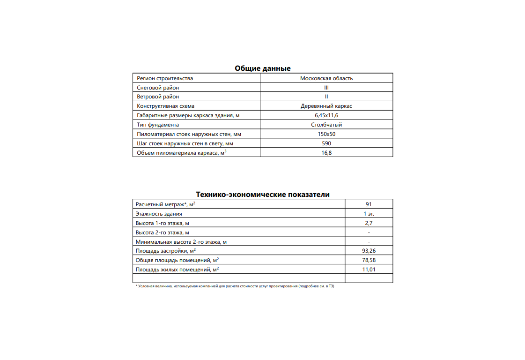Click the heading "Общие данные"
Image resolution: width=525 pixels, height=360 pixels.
(x=262, y=68)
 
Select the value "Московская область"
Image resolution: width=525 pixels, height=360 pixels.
(x=326, y=78)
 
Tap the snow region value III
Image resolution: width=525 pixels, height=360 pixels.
(x=326, y=88)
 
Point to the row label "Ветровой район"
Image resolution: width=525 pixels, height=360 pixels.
(x=158, y=97)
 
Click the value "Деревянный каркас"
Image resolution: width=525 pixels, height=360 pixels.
(x=326, y=106)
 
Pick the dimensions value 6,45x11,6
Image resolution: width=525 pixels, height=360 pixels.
(x=326, y=115)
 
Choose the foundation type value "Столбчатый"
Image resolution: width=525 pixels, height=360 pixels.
(x=326, y=125)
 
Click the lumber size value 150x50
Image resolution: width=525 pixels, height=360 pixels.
(x=326, y=134)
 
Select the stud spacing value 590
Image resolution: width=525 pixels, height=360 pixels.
(x=326, y=143)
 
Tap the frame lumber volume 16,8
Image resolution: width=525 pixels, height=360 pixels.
(x=326, y=153)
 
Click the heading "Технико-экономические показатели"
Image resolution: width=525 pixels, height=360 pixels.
(x=262, y=195)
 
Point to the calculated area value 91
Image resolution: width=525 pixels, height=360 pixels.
(x=369, y=204)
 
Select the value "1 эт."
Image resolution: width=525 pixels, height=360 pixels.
(x=369, y=214)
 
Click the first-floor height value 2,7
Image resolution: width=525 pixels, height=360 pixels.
(x=369, y=223)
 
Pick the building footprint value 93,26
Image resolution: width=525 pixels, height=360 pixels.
(x=369, y=251)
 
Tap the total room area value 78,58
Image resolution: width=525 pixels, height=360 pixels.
(x=369, y=260)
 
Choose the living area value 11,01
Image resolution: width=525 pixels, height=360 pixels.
(x=369, y=270)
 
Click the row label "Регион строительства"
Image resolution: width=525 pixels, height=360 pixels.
(x=165, y=78)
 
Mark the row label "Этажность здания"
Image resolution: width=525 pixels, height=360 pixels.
(x=159, y=214)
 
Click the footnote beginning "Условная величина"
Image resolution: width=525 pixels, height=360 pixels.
(x=234, y=286)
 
